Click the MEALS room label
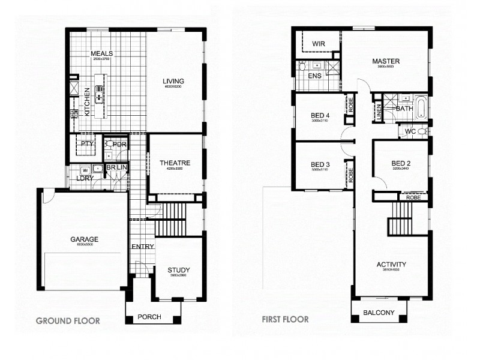coord(102,53)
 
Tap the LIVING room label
coord(173,81)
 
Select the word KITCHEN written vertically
coord(87,101)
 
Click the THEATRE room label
coord(175,163)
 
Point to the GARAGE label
coord(83,239)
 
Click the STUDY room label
coord(178,270)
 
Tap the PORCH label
coord(149,317)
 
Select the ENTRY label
coord(143,246)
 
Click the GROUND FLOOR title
coord(68,321)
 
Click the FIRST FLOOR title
coord(285,319)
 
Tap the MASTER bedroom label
coord(385,61)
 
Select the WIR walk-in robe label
coord(319,43)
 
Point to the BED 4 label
coord(320,115)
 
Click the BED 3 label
coord(320,164)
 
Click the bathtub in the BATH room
coord(421,109)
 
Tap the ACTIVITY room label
coord(391,264)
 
